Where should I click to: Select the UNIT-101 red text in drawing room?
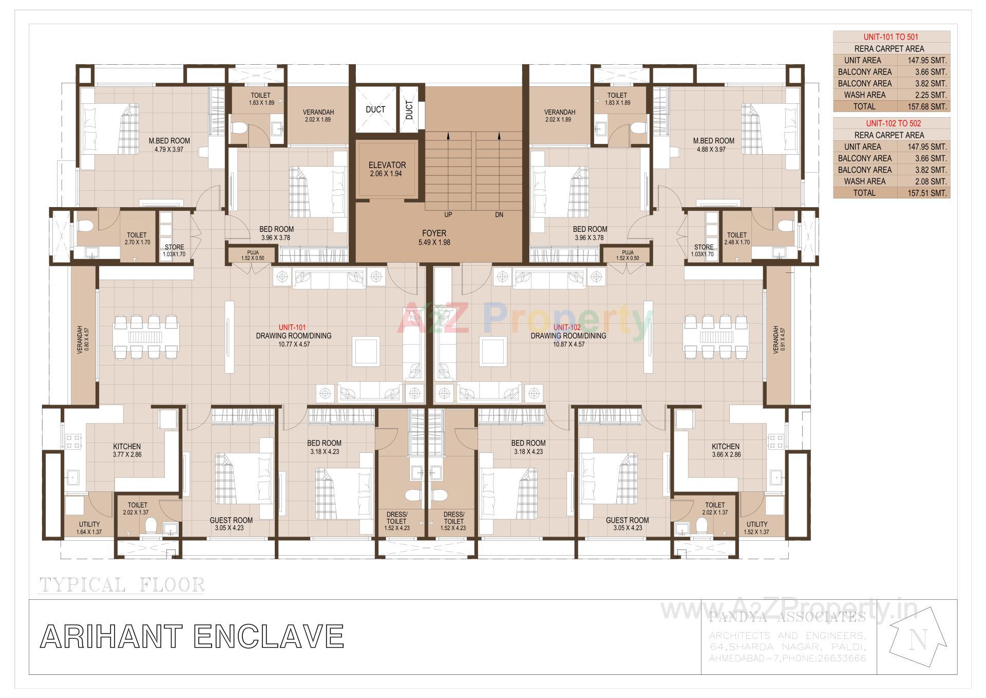(292, 327)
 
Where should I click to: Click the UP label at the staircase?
(448, 215)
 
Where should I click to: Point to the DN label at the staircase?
(499, 215)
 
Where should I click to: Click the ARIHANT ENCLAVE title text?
(192, 636)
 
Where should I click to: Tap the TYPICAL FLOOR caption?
(122, 584)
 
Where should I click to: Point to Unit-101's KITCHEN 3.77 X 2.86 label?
(127, 450)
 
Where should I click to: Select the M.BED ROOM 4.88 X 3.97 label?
(713, 144)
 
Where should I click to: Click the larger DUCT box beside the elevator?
(375, 109)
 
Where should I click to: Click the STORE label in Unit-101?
(174, 250)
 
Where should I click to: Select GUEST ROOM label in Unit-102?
(627, 523)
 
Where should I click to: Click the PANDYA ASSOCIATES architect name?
(787, 617)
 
